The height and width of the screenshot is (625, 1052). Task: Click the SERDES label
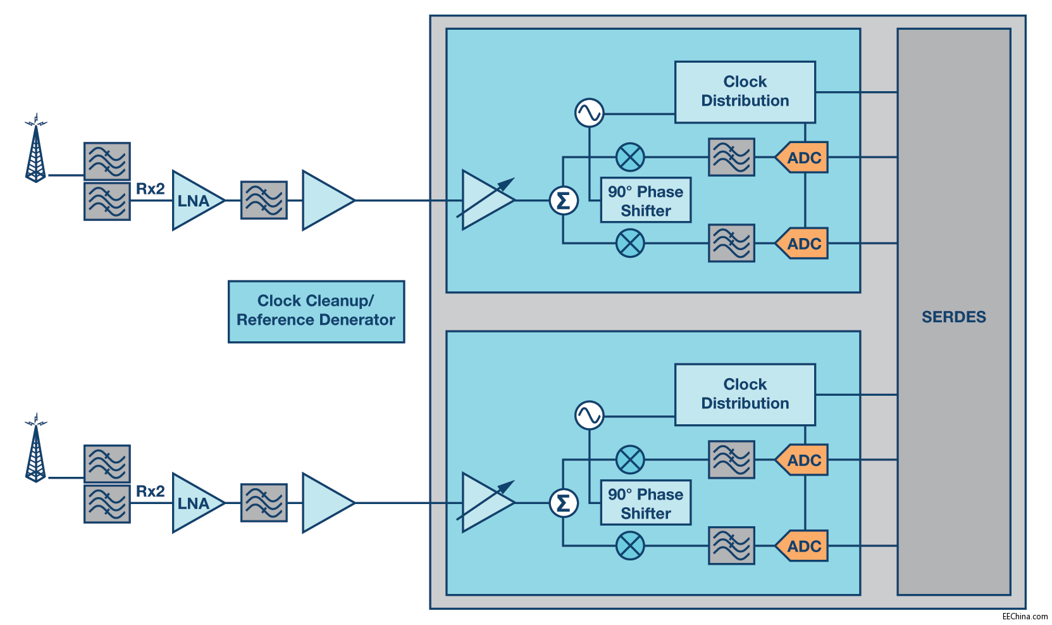point(953,317)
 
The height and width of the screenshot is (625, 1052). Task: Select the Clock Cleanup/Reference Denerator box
point(316,312)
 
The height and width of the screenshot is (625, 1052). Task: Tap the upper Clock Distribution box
point(745,92)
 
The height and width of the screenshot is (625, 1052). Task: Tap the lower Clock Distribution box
point(745,394)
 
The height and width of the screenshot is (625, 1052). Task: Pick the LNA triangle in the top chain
point(195,201)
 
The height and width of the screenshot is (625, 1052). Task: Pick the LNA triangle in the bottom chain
point(195,503)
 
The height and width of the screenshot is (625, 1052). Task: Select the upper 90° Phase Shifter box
point(645,201)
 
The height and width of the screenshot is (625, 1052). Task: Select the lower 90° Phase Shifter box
point(645,503)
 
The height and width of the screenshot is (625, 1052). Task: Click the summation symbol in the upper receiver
point(563,201)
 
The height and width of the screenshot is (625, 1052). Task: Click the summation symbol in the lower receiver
point(563,503)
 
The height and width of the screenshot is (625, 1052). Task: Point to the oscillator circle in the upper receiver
point(589,113)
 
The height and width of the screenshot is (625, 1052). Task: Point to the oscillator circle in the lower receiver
point(589,416)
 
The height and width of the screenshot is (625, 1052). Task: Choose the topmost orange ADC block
point(803,158)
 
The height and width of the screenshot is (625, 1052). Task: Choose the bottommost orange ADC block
point(803,546)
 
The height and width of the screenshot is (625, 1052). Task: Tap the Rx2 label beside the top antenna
point(151,189)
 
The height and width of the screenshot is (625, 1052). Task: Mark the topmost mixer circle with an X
point(630,157)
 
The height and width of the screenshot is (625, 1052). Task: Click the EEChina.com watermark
point(1025,616)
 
